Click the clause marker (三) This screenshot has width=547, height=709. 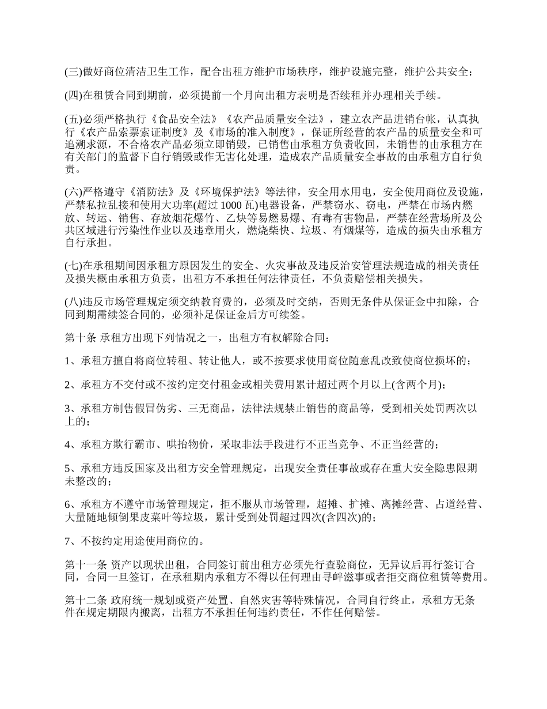tap(74, 72)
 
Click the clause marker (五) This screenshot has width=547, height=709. tap(74, 120)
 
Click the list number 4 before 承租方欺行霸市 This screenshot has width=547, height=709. tap(67, 445)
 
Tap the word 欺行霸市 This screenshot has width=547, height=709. tap(135, 445)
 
